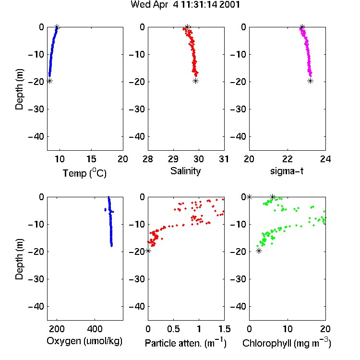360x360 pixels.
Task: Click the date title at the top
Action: [185, 5]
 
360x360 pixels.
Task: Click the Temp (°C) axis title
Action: [84, 173]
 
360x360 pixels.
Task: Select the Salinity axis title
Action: [185, 171]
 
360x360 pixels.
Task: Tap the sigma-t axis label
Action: [287, 171]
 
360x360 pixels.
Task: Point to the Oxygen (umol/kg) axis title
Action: [84, 341]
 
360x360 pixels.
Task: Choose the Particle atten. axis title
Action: [185, 343]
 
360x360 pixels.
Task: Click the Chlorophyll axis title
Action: [287, 343]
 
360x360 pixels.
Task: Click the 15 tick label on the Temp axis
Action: [91, 159]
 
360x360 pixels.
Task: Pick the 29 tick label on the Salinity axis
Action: [173, 159]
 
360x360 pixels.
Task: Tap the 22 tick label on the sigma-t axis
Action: [288, 159]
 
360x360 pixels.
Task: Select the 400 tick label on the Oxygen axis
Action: [95, 329]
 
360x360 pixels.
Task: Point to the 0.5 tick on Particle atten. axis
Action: [173, 329]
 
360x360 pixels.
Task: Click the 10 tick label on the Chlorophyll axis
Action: [288, 329]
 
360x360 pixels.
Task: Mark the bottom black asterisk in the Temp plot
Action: [49, 81]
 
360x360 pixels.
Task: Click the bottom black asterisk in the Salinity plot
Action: [195, 81]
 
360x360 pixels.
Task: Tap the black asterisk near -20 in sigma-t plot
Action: [311, 81]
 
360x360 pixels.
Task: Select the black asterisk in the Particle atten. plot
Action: [148, 251]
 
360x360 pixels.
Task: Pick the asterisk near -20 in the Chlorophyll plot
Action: [259, 251]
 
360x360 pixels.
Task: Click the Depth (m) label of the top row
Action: [20, 89]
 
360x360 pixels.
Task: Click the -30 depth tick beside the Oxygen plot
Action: [36, 279]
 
